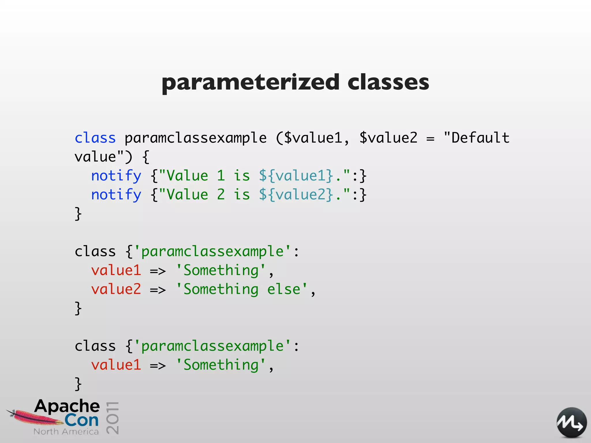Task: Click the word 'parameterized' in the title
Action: click(x=250, y=82)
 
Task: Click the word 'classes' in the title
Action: click(x=388, y=82)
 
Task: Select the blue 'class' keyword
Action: click(x=95, y=138)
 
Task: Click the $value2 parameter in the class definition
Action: click(x=388, y=138)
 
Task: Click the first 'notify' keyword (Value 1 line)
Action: click(x=116, y=176)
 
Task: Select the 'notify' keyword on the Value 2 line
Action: click(x=116, y=195)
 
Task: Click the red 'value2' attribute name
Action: click(x=116, y=289)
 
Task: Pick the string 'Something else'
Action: click(x=242, y=289)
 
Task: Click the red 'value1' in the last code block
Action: click(x=116, y=365)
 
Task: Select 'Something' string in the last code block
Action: click(x=221, y=365)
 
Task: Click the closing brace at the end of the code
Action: click(x=78, y=384)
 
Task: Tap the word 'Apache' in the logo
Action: click(x=67, y=406)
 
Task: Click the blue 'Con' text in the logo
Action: click(x=82, y=421)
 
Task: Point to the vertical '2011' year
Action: click(x=113, y=417)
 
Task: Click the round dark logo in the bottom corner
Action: click(x=571, y=423)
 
